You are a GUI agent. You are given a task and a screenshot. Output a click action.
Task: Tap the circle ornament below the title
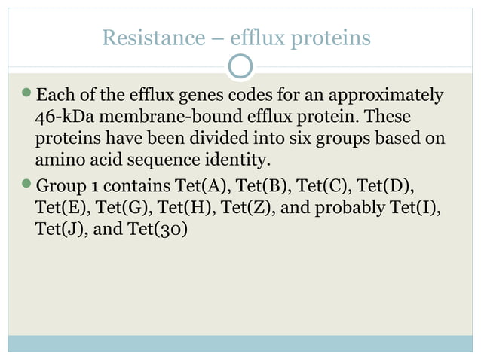(x=240, y=67)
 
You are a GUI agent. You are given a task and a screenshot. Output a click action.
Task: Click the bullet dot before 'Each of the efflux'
(x=28, y=96)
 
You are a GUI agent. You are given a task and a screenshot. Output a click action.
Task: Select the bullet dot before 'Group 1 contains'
(x=28, y=184)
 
